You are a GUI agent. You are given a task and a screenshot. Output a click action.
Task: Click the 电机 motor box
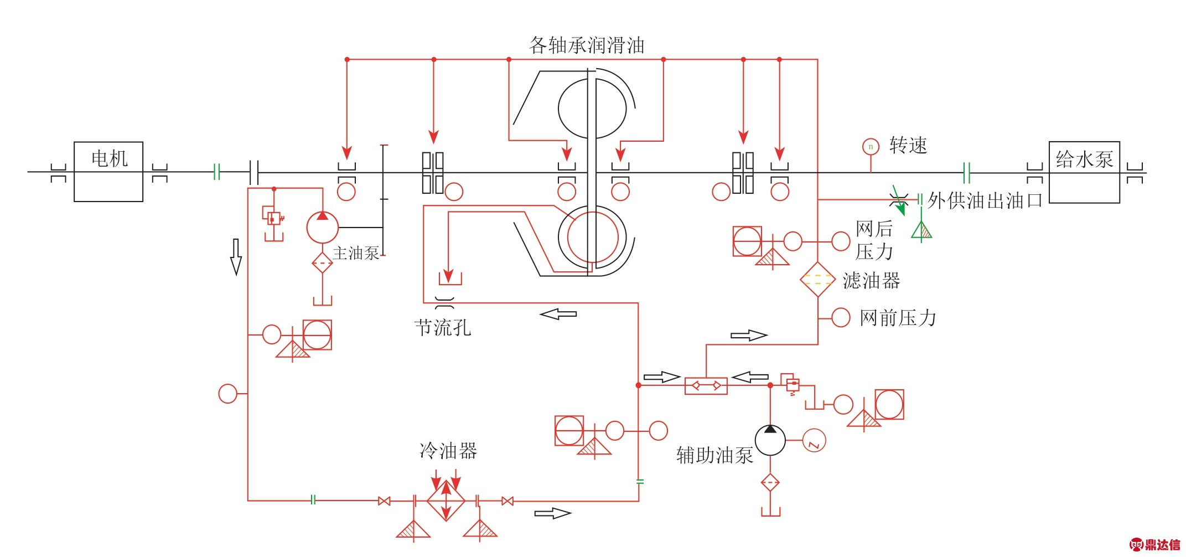click(x=108, y=172)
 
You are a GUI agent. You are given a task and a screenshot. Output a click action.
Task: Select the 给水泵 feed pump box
click(x=1084, y=172)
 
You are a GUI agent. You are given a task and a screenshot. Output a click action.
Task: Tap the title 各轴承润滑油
click(x=587, y=45)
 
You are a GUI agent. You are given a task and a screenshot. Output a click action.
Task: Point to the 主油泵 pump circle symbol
click(x=323, y=227)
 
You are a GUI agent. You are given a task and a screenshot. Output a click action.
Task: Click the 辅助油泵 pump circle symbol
click(x=770, y=440)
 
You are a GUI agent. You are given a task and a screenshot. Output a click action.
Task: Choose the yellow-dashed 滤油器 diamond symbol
click(x=817, y=280)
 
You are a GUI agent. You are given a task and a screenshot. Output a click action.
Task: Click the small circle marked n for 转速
click(x=871, y=147)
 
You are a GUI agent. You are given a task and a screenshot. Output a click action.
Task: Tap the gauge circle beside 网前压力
click(x=841, y=318)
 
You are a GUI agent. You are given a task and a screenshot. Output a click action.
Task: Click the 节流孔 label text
click(x=443, y=327)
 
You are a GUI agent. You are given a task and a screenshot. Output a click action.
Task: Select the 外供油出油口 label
click(x=985, y=200)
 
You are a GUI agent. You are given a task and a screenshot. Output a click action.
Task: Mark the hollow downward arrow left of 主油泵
click(x=236, y=257)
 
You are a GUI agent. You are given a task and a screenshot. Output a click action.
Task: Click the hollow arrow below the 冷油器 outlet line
click(x=552, y=513)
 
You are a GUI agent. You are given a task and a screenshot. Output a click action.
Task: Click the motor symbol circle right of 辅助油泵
click(x=814, y=441)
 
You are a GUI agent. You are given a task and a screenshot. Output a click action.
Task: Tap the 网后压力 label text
click(x=874, y=240)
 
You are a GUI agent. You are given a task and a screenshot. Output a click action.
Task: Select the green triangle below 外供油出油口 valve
click(x=921, y=230)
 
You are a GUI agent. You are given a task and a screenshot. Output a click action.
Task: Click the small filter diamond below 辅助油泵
click(x=770, y=482)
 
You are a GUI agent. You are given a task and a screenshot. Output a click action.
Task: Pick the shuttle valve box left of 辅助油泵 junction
click(x=706, y=385)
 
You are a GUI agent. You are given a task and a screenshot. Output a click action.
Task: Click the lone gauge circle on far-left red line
click(x=227, y=394)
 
